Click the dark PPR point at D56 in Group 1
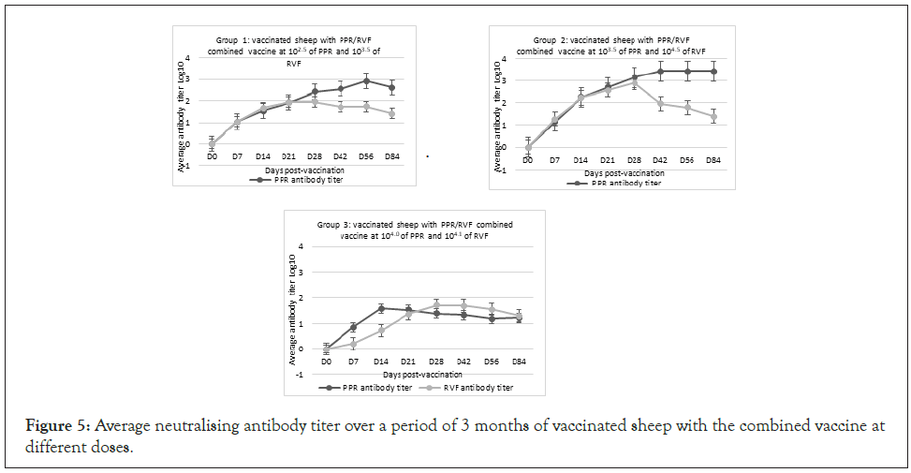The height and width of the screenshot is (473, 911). (x=366, y=81)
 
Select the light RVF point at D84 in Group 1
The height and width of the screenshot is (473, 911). (x=392, y=113)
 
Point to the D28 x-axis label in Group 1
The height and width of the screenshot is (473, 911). (x=315, y=157)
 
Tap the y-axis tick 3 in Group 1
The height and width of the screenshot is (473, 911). (x=189, y=80)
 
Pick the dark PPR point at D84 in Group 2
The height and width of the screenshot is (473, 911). (x=713, y=71)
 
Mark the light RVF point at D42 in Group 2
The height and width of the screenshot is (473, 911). (x=661, y=103)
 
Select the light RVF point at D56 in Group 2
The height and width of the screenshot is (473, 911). (x=687, y=108)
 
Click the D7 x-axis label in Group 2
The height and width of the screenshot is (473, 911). (x=554, y=160)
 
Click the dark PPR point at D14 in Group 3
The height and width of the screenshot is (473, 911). (x=381, y=308)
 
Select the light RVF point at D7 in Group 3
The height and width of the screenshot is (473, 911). (x=353, y=344)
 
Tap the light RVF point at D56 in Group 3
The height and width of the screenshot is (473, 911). (x=492, y=309)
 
